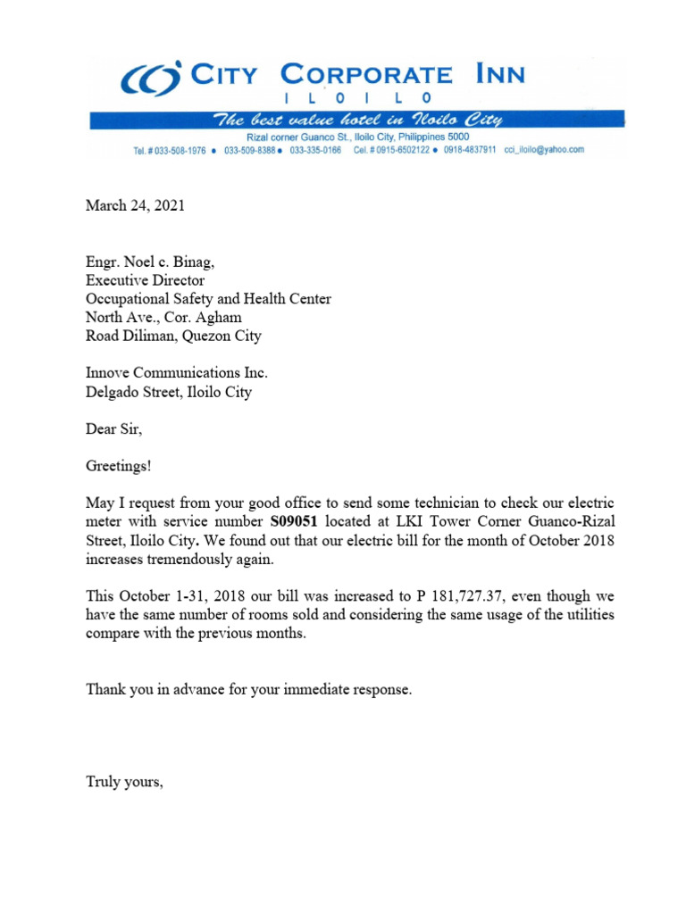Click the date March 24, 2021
pos(135,206)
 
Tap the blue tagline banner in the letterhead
pos(356,120)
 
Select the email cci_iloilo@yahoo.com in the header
pos(544,150)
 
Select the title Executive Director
pos(145,280)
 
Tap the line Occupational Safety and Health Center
pos(208,299)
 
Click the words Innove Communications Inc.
pos(176,373)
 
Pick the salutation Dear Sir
pos(113,429)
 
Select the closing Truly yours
pos(124,782)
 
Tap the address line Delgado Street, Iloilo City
pos(168,392)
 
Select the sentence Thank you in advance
pos(248,689)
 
